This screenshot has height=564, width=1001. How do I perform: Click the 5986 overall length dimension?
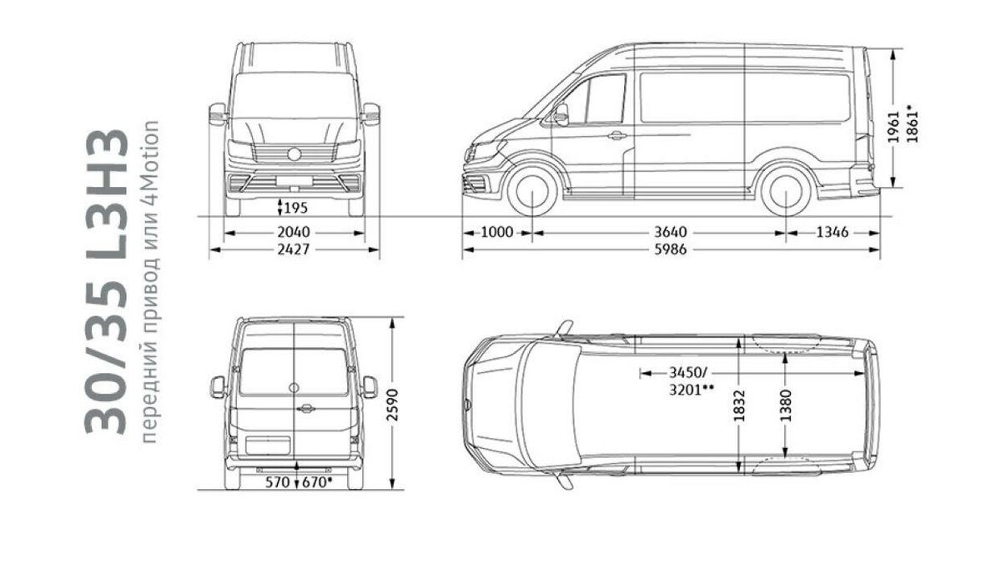[671, 249]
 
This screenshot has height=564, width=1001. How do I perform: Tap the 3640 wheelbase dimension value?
[671, 233]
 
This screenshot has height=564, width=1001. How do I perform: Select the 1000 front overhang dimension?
[497, 233]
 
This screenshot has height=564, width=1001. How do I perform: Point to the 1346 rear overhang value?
[832, 233]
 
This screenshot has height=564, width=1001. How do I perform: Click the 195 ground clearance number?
[296, 208]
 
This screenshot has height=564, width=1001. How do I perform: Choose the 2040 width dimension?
[294, 233]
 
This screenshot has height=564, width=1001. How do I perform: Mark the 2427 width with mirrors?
[294, 249]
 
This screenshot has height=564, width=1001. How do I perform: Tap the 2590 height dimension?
[392, 405]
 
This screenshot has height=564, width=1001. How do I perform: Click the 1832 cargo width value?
[740, 405]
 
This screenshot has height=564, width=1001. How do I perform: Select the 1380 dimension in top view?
[786, 405]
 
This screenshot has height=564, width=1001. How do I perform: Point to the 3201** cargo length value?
[692, 390]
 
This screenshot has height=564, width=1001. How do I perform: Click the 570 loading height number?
[278, 483]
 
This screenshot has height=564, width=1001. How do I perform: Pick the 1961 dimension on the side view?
[893, 128]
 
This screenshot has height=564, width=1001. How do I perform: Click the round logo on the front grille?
[294, 154]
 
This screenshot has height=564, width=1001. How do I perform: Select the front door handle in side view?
[616, 135]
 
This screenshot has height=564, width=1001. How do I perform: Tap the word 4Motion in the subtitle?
[151, 162]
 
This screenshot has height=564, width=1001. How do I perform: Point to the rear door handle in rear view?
[305, 408]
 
